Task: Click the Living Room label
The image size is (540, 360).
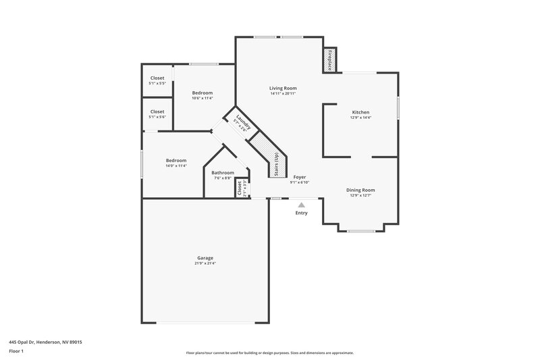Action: (283, 88)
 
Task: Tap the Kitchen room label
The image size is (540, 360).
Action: (360, 112)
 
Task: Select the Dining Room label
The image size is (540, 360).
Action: (360, 190)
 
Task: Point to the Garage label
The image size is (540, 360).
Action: (205, 258)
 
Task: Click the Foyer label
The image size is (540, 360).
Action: (299, 177)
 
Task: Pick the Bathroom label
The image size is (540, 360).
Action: (223, 173)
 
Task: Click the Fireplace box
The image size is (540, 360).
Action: (330, 61)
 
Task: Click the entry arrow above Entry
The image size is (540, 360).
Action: (301, 205)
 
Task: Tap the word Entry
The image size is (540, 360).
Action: (301, 213)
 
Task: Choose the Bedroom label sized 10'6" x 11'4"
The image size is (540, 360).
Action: (202, 93)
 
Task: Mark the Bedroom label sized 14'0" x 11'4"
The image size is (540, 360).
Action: (175, 160)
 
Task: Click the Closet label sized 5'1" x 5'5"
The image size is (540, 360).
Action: (157, 78)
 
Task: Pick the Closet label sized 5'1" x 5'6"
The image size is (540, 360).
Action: (157, 111)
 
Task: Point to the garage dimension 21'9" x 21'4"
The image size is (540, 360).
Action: (205, 263)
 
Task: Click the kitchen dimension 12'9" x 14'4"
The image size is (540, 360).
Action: (360, 118)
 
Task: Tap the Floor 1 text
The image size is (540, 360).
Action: (16, 351)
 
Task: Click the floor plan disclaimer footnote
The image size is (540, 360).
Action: (270, 353)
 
